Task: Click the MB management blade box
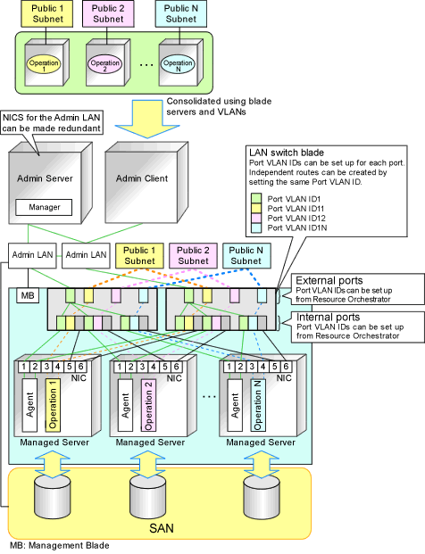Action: point(28,295)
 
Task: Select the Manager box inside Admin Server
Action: point(44,207)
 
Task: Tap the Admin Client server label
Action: point(142,178)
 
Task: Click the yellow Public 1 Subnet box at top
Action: point(47,13)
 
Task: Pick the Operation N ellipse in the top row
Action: point(178,64)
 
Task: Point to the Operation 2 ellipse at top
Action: point(105,64)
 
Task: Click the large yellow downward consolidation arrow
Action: point(147,119)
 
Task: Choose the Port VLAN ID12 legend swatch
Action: point(256,218)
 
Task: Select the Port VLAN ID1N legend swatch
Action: point(256,227)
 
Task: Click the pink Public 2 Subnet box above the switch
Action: point(193,255)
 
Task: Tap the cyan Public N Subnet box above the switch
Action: point(246,255)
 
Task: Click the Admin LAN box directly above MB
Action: point(32,255)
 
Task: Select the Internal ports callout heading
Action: point(328,317)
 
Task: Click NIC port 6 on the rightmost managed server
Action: point(286,367)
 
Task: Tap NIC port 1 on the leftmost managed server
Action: point(24,367)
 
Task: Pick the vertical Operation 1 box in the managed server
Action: point(53,405)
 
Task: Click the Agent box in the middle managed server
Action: point(126,405)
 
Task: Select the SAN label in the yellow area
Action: point(162,528)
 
